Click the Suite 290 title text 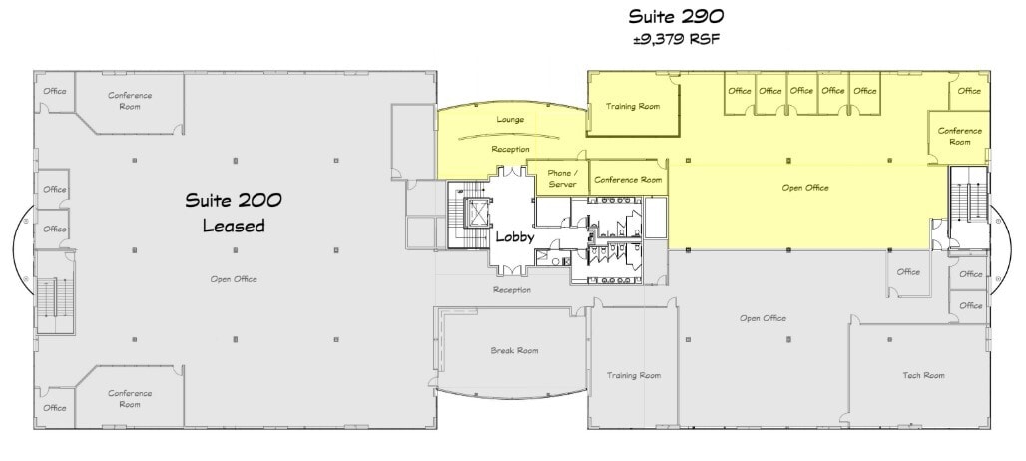pyautogui.click(x=675, y=17)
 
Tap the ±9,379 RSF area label pyautogui.click(x=675, y=40)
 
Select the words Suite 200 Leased pyautogui.click(x=234, y=213)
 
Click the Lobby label pyautogui.click(x=514, y=239)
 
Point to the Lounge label pyautogui.click(x=510, y=120)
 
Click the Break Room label pyautogui.click(x=514, y=350)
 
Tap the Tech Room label pyautogui.click(x=923, y=375)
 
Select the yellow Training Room pyautogui.click(x=634, y=107)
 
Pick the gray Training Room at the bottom pyautogui.click(x=634, y=375)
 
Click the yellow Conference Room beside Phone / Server pyautogui.click(x=628, y=181)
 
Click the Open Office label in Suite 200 pyautogui.click(x=234, y=279)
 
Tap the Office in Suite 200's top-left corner pyautogui.click(x=54, y=91)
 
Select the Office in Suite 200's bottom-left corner pyautogui.click(x=54, y=407)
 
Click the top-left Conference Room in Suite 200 pyautogui.click(x=130, y=102)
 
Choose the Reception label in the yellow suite pyautogui.click(x=510, y=149)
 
